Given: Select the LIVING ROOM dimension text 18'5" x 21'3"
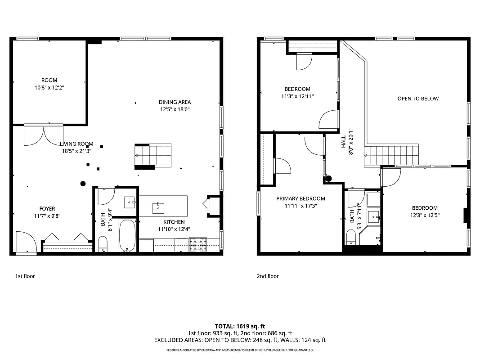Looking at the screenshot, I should (76, 151).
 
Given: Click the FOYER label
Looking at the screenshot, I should (47, 209).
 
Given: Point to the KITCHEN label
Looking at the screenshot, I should (174, 222).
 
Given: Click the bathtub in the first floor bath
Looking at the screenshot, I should (127, 236).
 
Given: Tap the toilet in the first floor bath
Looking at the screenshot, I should (103, 244).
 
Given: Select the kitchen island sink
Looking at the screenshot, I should (158, 208).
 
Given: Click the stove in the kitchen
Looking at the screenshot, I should (198, 245).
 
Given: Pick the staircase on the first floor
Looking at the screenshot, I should (153, 155).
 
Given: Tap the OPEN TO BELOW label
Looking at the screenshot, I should (417, 99).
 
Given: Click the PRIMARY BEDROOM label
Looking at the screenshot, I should (301, 198).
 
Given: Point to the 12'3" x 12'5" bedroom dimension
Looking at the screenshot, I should (425, 215).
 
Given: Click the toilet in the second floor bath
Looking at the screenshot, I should (352, 237).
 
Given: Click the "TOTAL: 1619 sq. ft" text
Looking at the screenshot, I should (240, 326).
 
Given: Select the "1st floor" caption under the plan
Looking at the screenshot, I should (25, 276).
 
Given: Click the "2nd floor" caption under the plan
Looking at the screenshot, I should (268, 276).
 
